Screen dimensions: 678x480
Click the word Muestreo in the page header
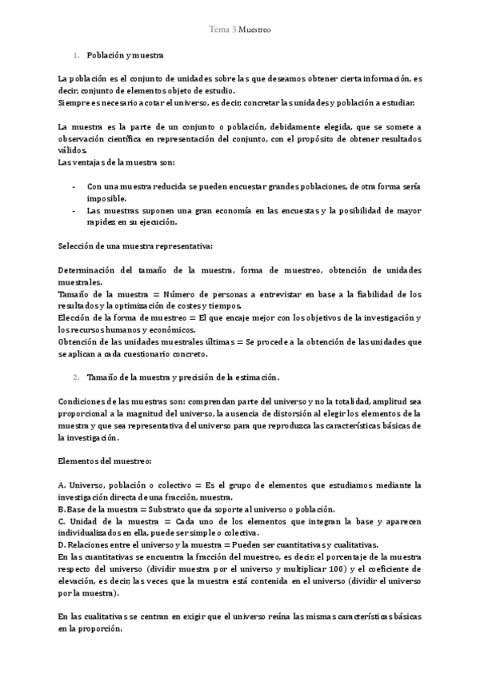pos(254,30)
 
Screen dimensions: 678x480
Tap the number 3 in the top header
pos(232,30)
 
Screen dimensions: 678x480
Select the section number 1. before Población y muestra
pos(76,56)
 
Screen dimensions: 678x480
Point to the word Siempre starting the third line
pos(74,103)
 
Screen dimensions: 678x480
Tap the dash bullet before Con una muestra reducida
pos(74,185)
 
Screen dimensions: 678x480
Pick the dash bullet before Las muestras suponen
pos(74,210)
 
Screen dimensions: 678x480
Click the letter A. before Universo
pos(62,485)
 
